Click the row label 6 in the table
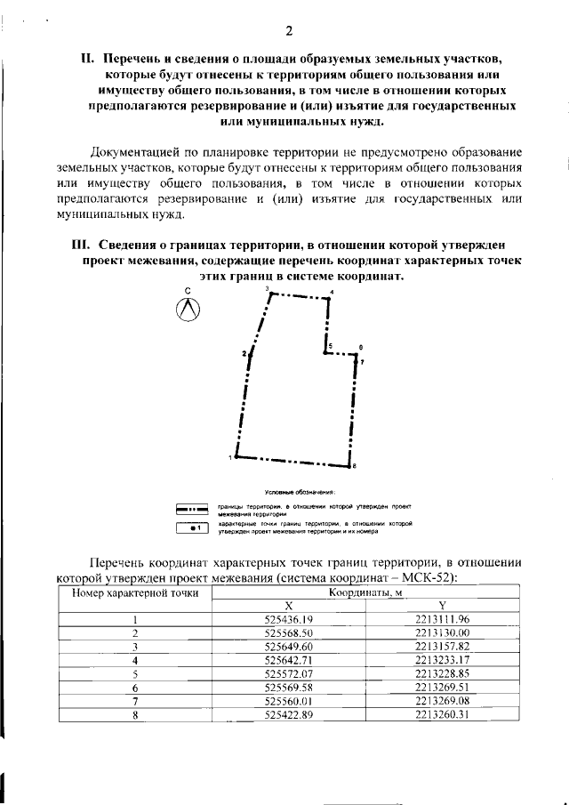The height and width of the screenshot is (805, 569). tap(136, 688)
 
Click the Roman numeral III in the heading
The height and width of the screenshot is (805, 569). tap(82, 246)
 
